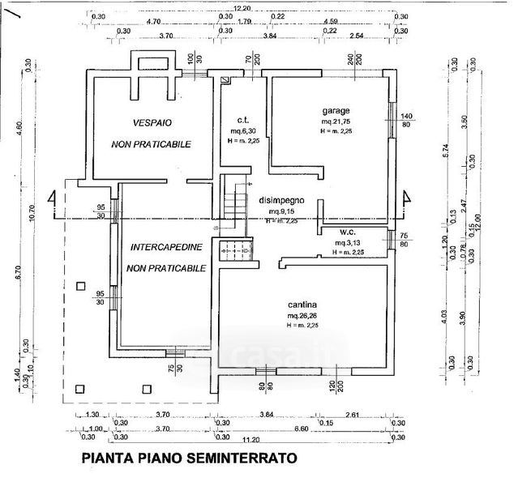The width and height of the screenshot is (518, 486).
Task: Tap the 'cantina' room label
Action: point(300,304)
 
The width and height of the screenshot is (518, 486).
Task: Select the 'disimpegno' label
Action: point(280,200)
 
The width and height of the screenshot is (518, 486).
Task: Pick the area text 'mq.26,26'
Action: point(301,315)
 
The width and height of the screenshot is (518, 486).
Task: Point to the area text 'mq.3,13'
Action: point(349,241)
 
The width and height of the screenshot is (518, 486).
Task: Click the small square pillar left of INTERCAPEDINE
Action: point(79,286)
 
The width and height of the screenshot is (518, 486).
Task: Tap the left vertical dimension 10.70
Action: point(32,212)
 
